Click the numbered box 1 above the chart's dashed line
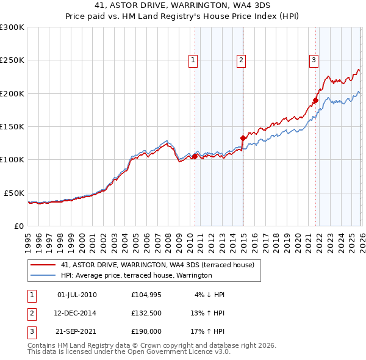[x=193, y=60]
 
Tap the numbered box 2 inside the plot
[x=242, y=60]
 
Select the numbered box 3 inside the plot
[x=314, y=60]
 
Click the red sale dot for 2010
[x=195, y=156]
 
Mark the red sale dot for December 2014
[x=243, y=138]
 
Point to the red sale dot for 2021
[x=316, y=100]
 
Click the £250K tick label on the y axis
[x=12, y=60]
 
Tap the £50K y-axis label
[x=14, y=193]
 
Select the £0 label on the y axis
[x=19, y=226]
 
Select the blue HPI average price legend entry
[x=136, y=275]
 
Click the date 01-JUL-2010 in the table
[x=76, y=295]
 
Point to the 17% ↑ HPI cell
[x=207, y=333]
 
